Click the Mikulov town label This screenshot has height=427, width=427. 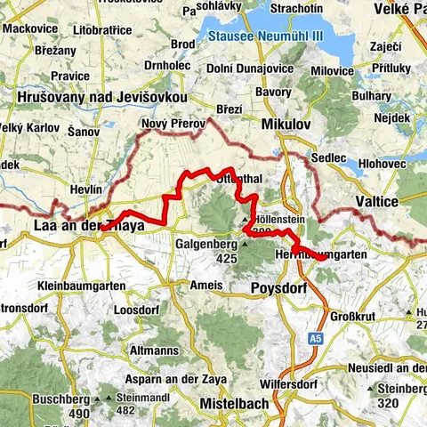click(286, 125)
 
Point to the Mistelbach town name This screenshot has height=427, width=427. click(234, 403)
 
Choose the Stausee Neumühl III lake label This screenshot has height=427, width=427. click(265, 37)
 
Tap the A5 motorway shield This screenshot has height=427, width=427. click(316, 339)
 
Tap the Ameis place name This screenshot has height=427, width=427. click(206, 286)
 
